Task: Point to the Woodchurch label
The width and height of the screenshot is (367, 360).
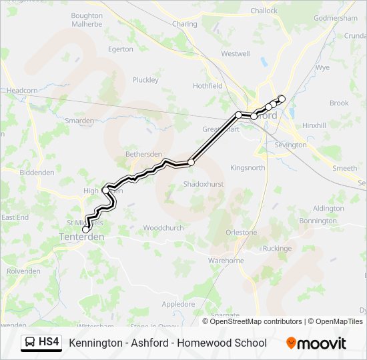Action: [163, 228]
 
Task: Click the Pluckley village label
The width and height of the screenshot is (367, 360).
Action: [145, 80]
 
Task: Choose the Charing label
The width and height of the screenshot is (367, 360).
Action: [185, 24]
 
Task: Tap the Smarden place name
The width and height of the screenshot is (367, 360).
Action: [79, 121]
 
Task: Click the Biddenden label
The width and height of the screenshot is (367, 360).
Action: [37, 172]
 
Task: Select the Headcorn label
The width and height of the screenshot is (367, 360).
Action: [22, 91]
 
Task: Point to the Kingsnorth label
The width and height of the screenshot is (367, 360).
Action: [248, 168]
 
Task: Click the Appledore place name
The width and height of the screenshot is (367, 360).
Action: [179, 304]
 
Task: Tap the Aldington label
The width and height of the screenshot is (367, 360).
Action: [328, 209]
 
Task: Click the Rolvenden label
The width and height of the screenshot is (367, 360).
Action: [23, 271]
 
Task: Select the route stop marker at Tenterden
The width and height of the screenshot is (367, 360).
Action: [85, 229]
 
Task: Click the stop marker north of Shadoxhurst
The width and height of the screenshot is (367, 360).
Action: [191, 162]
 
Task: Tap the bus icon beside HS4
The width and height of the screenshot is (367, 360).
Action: [31, 343]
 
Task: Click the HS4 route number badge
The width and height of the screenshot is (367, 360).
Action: [49, 343]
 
